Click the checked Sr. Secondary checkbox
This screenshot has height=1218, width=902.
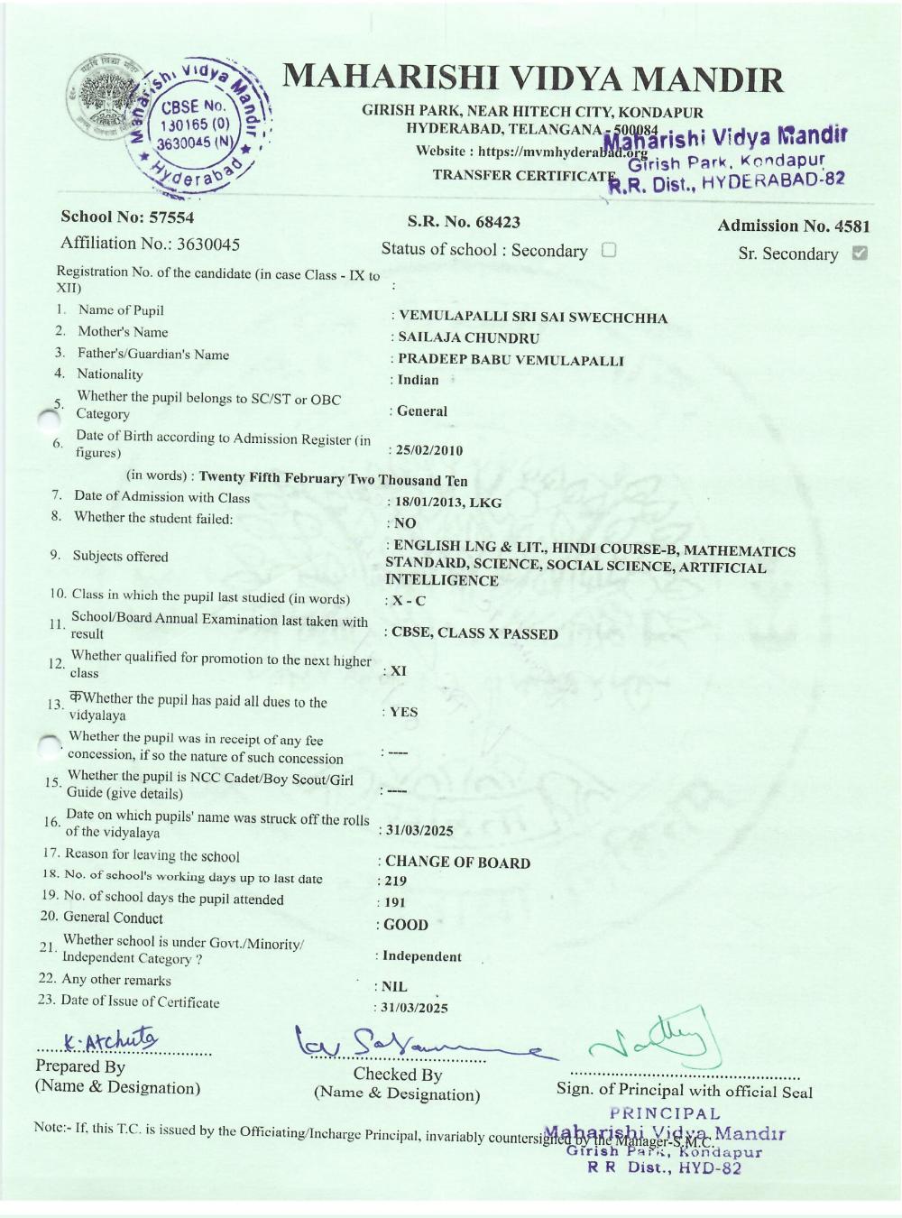pyautogui.click(x=860, y=254)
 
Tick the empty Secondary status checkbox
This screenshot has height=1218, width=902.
pyautogui.click(x=609, y=250)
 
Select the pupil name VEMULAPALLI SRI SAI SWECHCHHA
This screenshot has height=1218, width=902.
pyautogui.click(x=532, y=318)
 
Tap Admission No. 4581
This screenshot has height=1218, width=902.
pyautogui.click(x=793, y=226)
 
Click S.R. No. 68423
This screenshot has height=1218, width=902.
pyautogui.click(x=464, y=222)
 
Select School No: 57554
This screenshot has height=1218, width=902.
pyautogui.click(x=127, y=217)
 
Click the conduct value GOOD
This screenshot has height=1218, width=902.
pyautogui.click(x=406, y=925)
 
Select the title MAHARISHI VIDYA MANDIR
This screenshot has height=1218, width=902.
pyautogui.click(x=533, y=80)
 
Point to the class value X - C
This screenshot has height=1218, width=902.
pyautogui.click(x=408, y=601)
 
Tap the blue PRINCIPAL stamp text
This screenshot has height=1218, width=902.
pyautogui.click(x=665, y=1114)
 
